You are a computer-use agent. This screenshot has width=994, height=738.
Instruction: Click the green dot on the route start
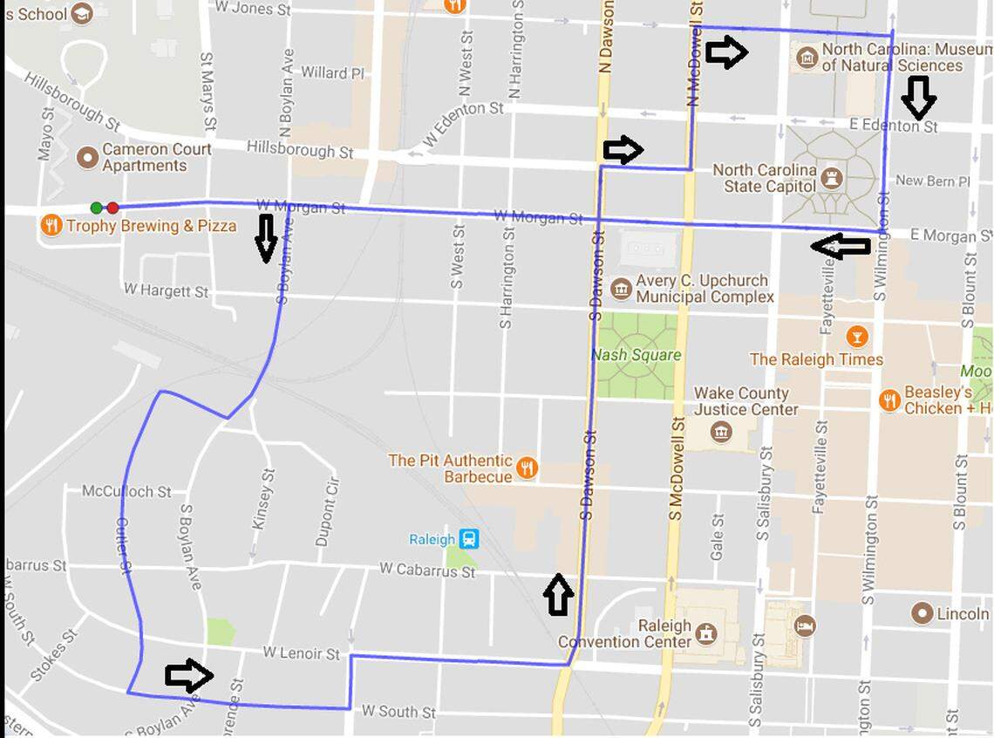[97, 208]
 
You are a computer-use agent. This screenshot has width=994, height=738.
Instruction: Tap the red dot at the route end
[112, 208]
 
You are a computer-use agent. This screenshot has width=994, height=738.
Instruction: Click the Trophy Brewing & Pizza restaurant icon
[51, 226]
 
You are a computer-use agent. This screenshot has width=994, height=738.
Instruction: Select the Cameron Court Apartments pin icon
[87, 157]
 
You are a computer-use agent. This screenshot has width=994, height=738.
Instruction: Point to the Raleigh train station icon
[470, 539]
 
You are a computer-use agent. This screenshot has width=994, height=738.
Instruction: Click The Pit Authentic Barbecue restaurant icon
[526, 468]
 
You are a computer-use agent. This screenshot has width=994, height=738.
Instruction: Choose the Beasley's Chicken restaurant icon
[889, 400]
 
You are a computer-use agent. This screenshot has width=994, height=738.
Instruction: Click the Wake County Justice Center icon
[720, 431]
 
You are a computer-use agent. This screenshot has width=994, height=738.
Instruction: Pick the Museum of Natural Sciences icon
[807, 58]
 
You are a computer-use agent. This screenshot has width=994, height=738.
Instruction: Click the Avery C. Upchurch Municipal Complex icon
[621, 289]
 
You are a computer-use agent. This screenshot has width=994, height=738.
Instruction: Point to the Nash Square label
[636, 354]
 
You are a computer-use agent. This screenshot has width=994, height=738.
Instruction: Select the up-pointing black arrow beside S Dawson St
[558, 595]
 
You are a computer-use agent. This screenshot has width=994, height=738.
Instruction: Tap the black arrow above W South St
[189, 675]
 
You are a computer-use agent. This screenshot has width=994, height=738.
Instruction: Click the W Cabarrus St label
[427, 570]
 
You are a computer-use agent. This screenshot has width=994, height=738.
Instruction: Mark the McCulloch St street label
[126, 492]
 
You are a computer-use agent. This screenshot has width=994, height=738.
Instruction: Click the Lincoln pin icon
[923, 613]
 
